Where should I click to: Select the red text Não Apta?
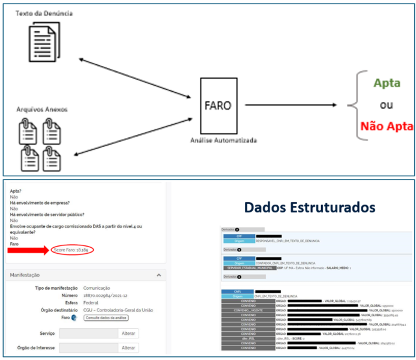(387, 126)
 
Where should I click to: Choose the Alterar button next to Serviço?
(128, 333)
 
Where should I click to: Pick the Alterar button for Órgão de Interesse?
(128, 348)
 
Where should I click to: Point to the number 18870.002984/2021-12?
(109, 295)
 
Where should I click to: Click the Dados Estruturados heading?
(310, 207)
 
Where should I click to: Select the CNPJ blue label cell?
(239, 291)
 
